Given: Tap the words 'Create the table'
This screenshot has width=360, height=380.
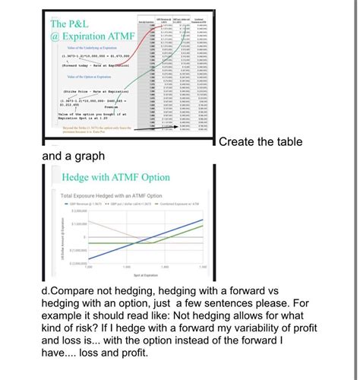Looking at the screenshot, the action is click(x=260, y=142).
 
